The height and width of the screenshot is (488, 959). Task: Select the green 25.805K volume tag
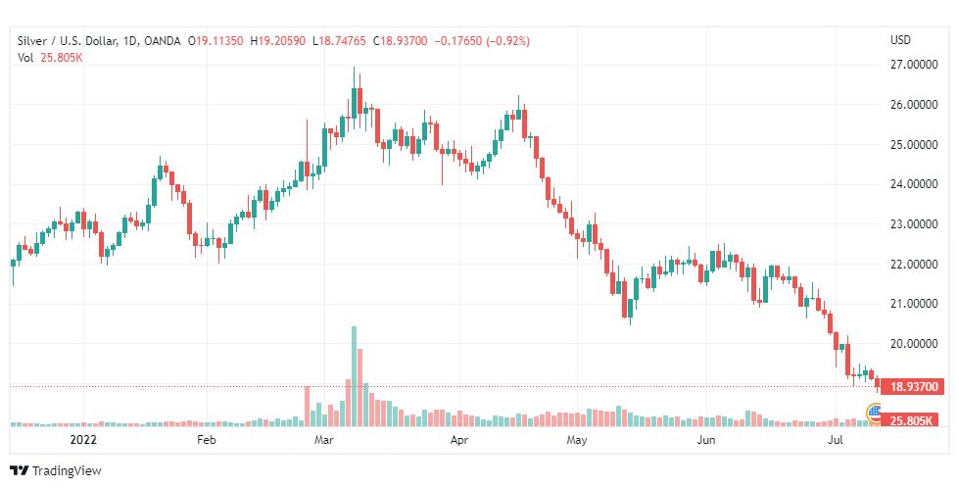tap(910, 420)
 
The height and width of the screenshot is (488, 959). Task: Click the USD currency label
tap(899, 40)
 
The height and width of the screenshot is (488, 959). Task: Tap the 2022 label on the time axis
tap(82, 441)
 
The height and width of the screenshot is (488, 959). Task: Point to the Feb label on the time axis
tap(206, 441)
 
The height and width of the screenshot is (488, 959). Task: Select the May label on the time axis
tap(577, 441)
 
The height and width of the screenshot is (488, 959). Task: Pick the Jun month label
tap(705, 441)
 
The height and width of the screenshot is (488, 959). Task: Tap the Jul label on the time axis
tap(836, 441)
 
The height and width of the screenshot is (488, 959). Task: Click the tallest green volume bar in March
tap(354, 376)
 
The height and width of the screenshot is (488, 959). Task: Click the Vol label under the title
tap(25, 58)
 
